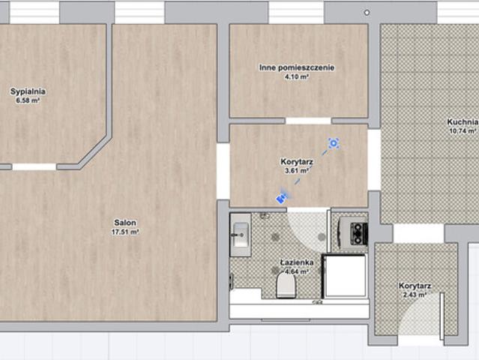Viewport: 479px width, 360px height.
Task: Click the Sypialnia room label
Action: pyautogui.click(x=28, y=91)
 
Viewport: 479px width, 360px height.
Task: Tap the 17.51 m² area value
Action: pyautogui.click(x=125, y=232)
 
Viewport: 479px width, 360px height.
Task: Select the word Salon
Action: pyautogui.click(x=125, y=223)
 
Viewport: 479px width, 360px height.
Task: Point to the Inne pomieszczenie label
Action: pyautogui.click(x=297, y=67)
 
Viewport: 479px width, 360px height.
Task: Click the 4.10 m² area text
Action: pyautogui.click(x=297, y=76)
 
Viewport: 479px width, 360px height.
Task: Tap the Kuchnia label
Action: pyautogui.click(x=463, y=122)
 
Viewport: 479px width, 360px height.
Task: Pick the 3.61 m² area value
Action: pyautogui.click(x=297, y=170)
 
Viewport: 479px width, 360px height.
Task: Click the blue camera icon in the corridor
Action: pyautogui.click(x=282, y=198)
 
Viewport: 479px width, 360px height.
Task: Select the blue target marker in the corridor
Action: pyautogui.click(x=334, y=143)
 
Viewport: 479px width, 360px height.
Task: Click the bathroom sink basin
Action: pyautogui.click(x=241, y=235)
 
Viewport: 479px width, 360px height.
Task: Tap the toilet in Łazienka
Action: pyautogui.click(x=286, y=286)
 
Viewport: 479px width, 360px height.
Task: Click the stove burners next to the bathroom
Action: pyautogui.click(x=358, y=234)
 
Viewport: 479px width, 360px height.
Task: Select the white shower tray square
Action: pyautogui.click(x=345, y=276)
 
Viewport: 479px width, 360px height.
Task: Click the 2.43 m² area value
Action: pyautogui.click(x=415, y=295)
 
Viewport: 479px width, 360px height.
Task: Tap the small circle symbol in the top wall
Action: pyautogui.click(x=367, y=13)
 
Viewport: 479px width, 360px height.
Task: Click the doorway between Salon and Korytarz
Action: pyautogui.click(x=223, y=171)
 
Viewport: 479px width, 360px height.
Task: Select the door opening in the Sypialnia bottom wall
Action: pyautogui.click(x=34, y=166)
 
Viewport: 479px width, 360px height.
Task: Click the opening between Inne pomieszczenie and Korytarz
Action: pyautogui.click(x=308, y=121)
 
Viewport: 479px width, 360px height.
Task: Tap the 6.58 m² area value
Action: pyautogui.click(x=28, y=100)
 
